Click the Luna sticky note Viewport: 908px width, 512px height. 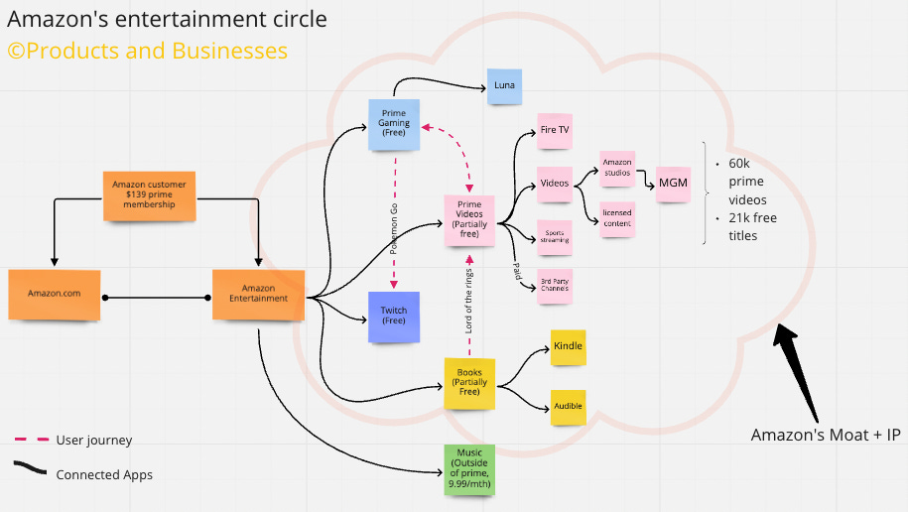click(504, 87)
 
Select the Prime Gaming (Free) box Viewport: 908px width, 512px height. click(394, 124)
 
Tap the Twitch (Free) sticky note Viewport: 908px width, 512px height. click(394, 317)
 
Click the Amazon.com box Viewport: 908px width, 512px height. click(54, 295)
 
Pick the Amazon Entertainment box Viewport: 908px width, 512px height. click(258, 295)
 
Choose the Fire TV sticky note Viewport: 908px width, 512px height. click(554, 130)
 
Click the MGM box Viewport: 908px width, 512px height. click(673, 183)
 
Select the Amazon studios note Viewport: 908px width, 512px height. click(616, 170)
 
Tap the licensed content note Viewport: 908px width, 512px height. click(616, 218)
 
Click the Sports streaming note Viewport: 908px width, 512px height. click(554, 237)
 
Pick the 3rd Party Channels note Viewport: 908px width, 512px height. click(554, 286)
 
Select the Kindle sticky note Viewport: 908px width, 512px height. click(568, 347)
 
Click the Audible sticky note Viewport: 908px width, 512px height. click(568, 407)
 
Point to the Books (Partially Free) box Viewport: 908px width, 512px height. click(468, 383)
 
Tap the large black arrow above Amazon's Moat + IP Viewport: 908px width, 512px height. click(798, 367)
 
